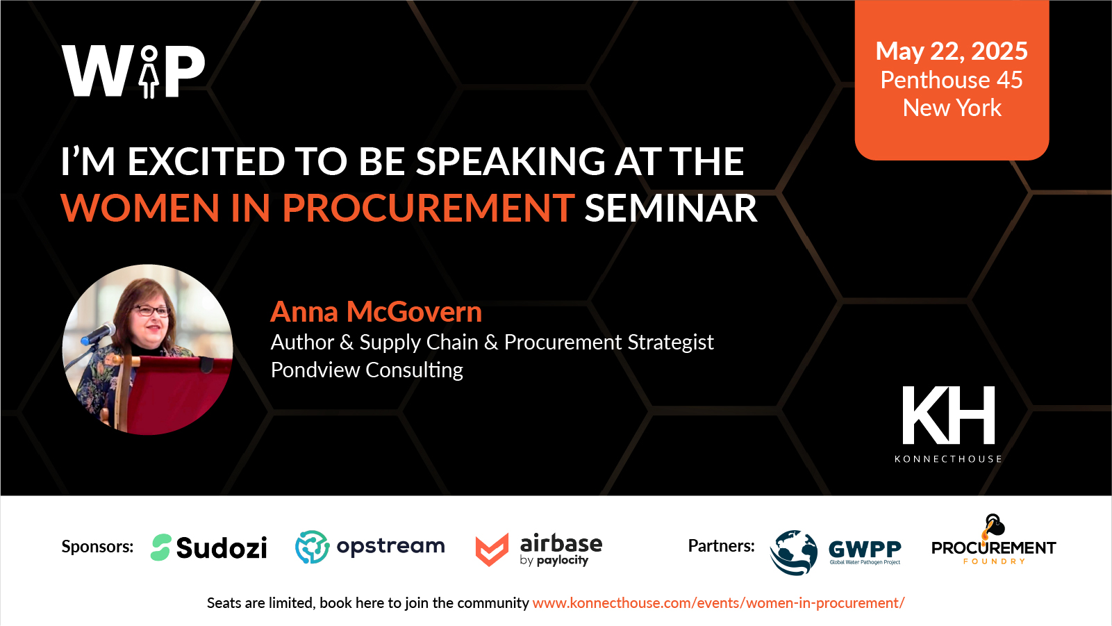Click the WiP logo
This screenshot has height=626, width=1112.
(133, 71)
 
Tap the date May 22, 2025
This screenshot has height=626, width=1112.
(952, 51)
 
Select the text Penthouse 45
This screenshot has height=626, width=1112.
(952, 79)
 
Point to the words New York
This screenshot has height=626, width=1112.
(952, 108)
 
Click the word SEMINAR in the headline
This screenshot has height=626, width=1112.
(671, 208)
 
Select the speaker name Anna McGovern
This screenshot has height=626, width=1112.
(376, 312)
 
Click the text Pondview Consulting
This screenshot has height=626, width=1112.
(367, 370)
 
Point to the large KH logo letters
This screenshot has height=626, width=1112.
(948, 415)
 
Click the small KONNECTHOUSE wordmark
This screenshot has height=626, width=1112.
(948, 459)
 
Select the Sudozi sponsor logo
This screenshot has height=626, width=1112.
(208, 547)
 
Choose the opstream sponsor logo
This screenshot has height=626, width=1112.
(370, 547)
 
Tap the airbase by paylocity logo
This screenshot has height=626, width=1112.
(538, 550)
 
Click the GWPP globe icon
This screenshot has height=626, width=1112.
(793, 552)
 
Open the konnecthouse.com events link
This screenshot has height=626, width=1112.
(719, 603)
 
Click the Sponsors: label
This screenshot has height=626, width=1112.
(97, 547)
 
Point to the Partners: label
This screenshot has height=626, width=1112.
(722, 546)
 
